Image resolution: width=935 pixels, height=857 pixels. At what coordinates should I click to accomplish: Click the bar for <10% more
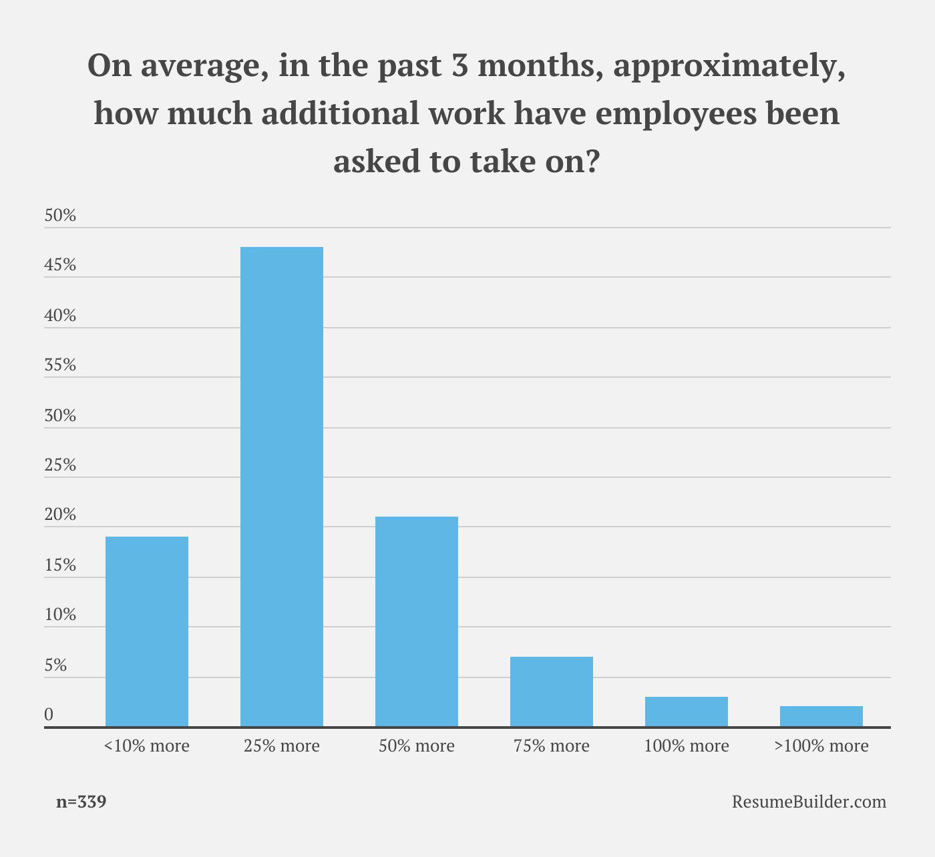pos(147,631)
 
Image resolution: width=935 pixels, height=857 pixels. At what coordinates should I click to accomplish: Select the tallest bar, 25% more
pos(282,487)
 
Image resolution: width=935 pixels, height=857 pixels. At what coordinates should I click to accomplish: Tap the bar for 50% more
pos(417,621)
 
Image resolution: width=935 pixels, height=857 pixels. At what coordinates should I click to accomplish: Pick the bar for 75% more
pos(552,691)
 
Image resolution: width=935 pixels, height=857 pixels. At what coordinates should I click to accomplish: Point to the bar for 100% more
pos(687,711)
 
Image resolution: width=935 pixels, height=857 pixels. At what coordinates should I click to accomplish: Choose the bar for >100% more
pos(821,716)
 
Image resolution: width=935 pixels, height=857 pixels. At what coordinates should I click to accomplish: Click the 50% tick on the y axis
pos(60,216)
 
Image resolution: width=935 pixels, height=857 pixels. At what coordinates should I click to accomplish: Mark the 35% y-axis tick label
pos(60,364)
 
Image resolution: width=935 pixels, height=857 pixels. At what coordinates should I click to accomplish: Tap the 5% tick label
pos(55,665)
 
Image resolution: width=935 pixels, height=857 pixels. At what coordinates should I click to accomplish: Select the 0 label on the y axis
pos(49,714)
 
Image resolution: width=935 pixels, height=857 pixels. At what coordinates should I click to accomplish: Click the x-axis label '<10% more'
pos(147,746)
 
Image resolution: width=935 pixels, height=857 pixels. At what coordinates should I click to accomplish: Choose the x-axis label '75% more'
pos(552,746)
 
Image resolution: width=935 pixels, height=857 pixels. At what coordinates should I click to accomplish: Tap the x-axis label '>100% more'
pos(821,746)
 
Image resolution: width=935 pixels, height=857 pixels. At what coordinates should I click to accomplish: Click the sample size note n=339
pos(81,802)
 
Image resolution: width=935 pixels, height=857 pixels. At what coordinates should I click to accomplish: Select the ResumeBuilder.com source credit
pos(809,802)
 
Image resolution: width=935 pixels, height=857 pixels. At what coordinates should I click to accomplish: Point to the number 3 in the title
pos(459,65)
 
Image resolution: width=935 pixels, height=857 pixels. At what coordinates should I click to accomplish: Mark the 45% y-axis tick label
pos(60,265)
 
